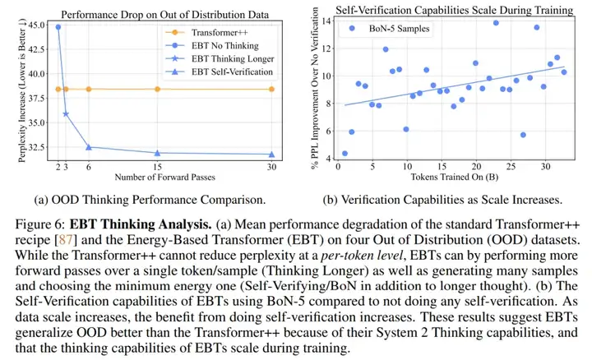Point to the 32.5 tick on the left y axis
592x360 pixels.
click(38, 148)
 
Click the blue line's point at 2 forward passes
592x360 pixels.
click(58, 27)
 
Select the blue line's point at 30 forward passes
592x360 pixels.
click(272, 154)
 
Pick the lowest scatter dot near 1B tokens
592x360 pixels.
click(345, 154)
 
